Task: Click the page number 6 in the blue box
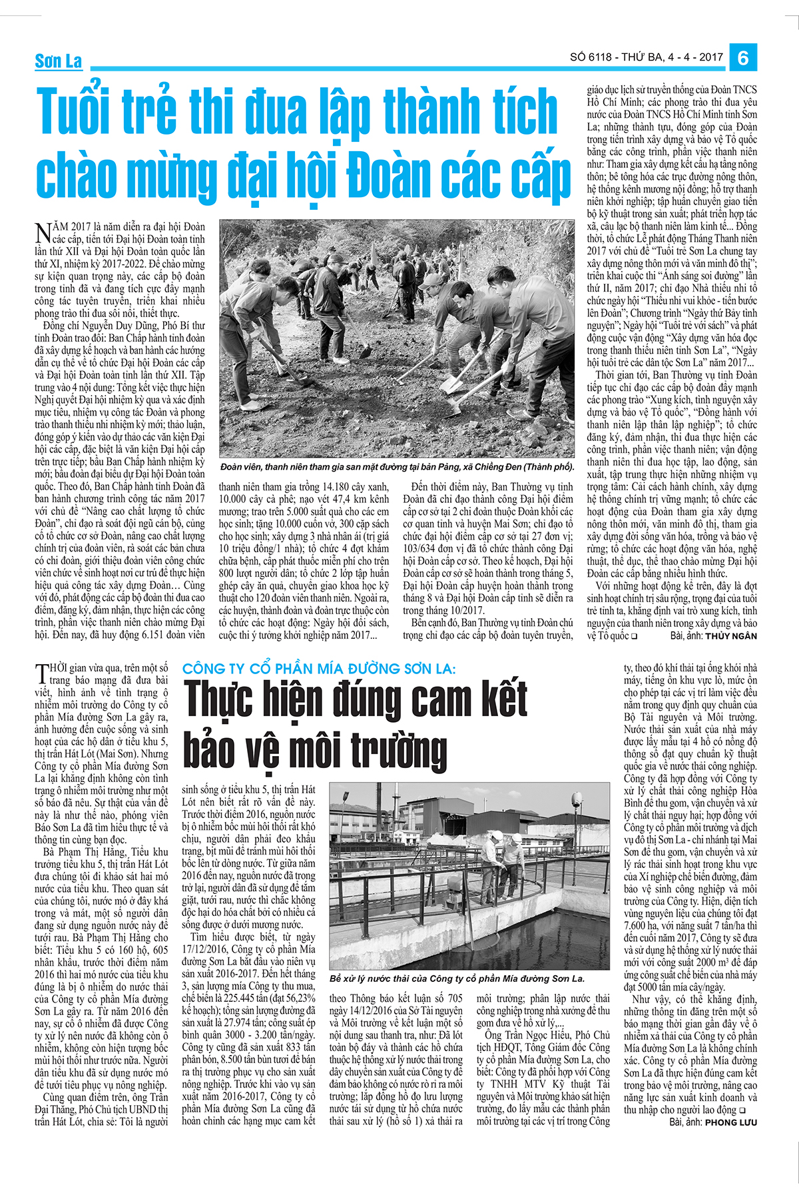tap(742, 57)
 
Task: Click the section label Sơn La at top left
tap(59, 61)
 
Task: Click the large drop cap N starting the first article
tap(43, 232)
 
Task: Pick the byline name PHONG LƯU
tap(731, 1122)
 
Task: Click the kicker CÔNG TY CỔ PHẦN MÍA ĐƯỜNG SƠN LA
tap(320, 668)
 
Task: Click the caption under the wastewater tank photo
tap(457, 979)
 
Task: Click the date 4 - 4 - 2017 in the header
tap(695, 57)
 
